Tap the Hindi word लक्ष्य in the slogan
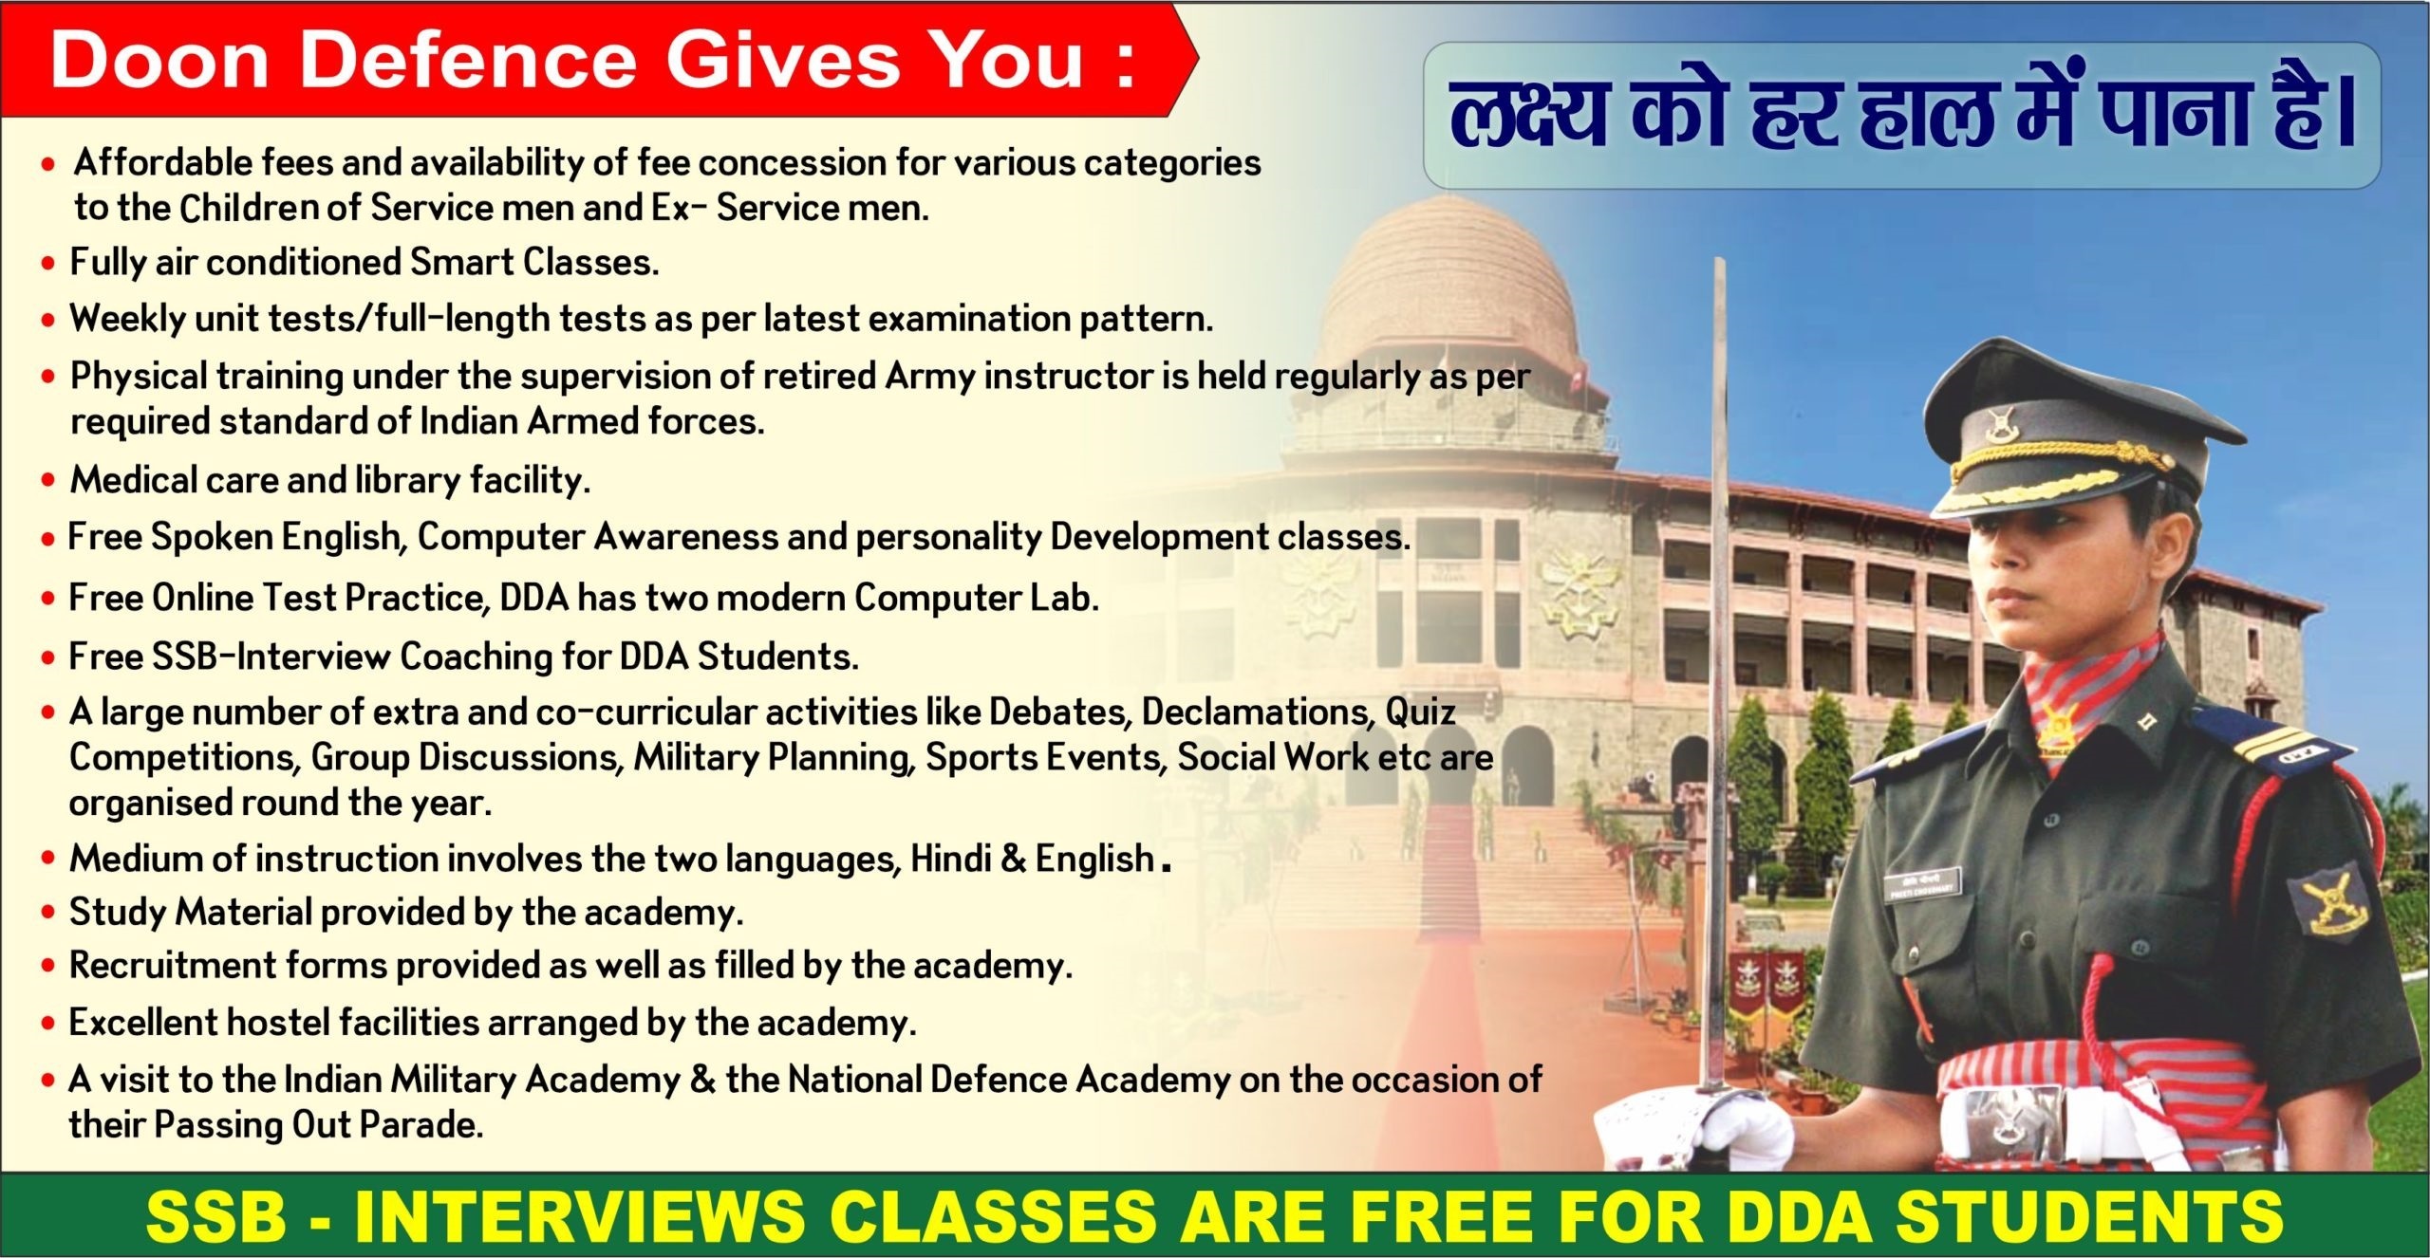pyautogui.click(x=1528, y=116)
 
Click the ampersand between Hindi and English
pyautogui.click(x=1013, y=859)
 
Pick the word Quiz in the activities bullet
pyautogui.click(x=1420, y=711)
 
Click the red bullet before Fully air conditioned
pyautogui.click(x=48, y=264)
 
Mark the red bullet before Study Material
pyautogui.click(x=48, y=914)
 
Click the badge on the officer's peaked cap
pyautogui.click(x=2000, y=422)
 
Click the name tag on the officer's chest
pyautogui.click(x=1922, y=887)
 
